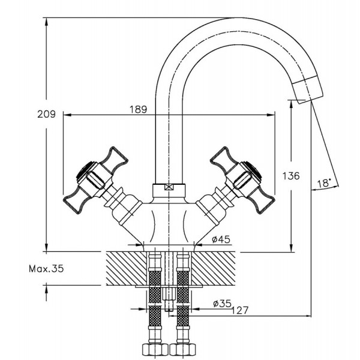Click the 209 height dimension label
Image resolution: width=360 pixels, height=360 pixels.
point(46,114)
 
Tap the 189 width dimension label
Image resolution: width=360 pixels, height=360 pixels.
point(138,110)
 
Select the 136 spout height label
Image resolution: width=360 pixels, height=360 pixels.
point(291,176)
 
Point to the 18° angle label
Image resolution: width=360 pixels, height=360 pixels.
point(324,183)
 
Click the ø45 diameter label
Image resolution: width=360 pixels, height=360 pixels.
point(221,239)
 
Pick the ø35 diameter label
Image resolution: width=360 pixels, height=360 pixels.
point(222,304)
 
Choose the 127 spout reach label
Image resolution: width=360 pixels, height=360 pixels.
point(239,310)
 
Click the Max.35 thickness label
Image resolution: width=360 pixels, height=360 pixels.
point(46,268)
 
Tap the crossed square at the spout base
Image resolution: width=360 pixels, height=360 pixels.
point(169,187)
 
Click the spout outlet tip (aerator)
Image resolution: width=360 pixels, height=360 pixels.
point(308,89)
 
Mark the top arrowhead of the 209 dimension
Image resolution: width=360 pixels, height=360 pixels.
point(46,21)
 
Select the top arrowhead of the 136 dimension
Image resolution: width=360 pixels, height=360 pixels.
point(292,104)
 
